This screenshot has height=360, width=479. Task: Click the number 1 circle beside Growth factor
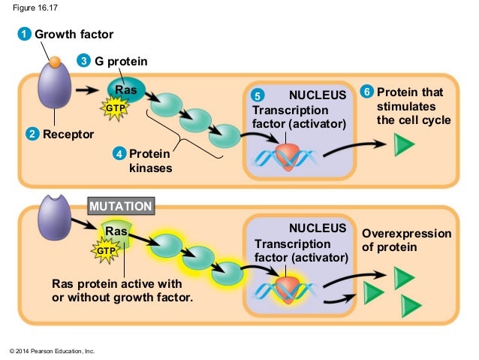25,35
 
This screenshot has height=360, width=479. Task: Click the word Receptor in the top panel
68,135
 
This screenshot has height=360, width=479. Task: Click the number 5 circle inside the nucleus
257,95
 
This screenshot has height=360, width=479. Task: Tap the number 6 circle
366,92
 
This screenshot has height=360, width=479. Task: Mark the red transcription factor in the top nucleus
287,154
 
